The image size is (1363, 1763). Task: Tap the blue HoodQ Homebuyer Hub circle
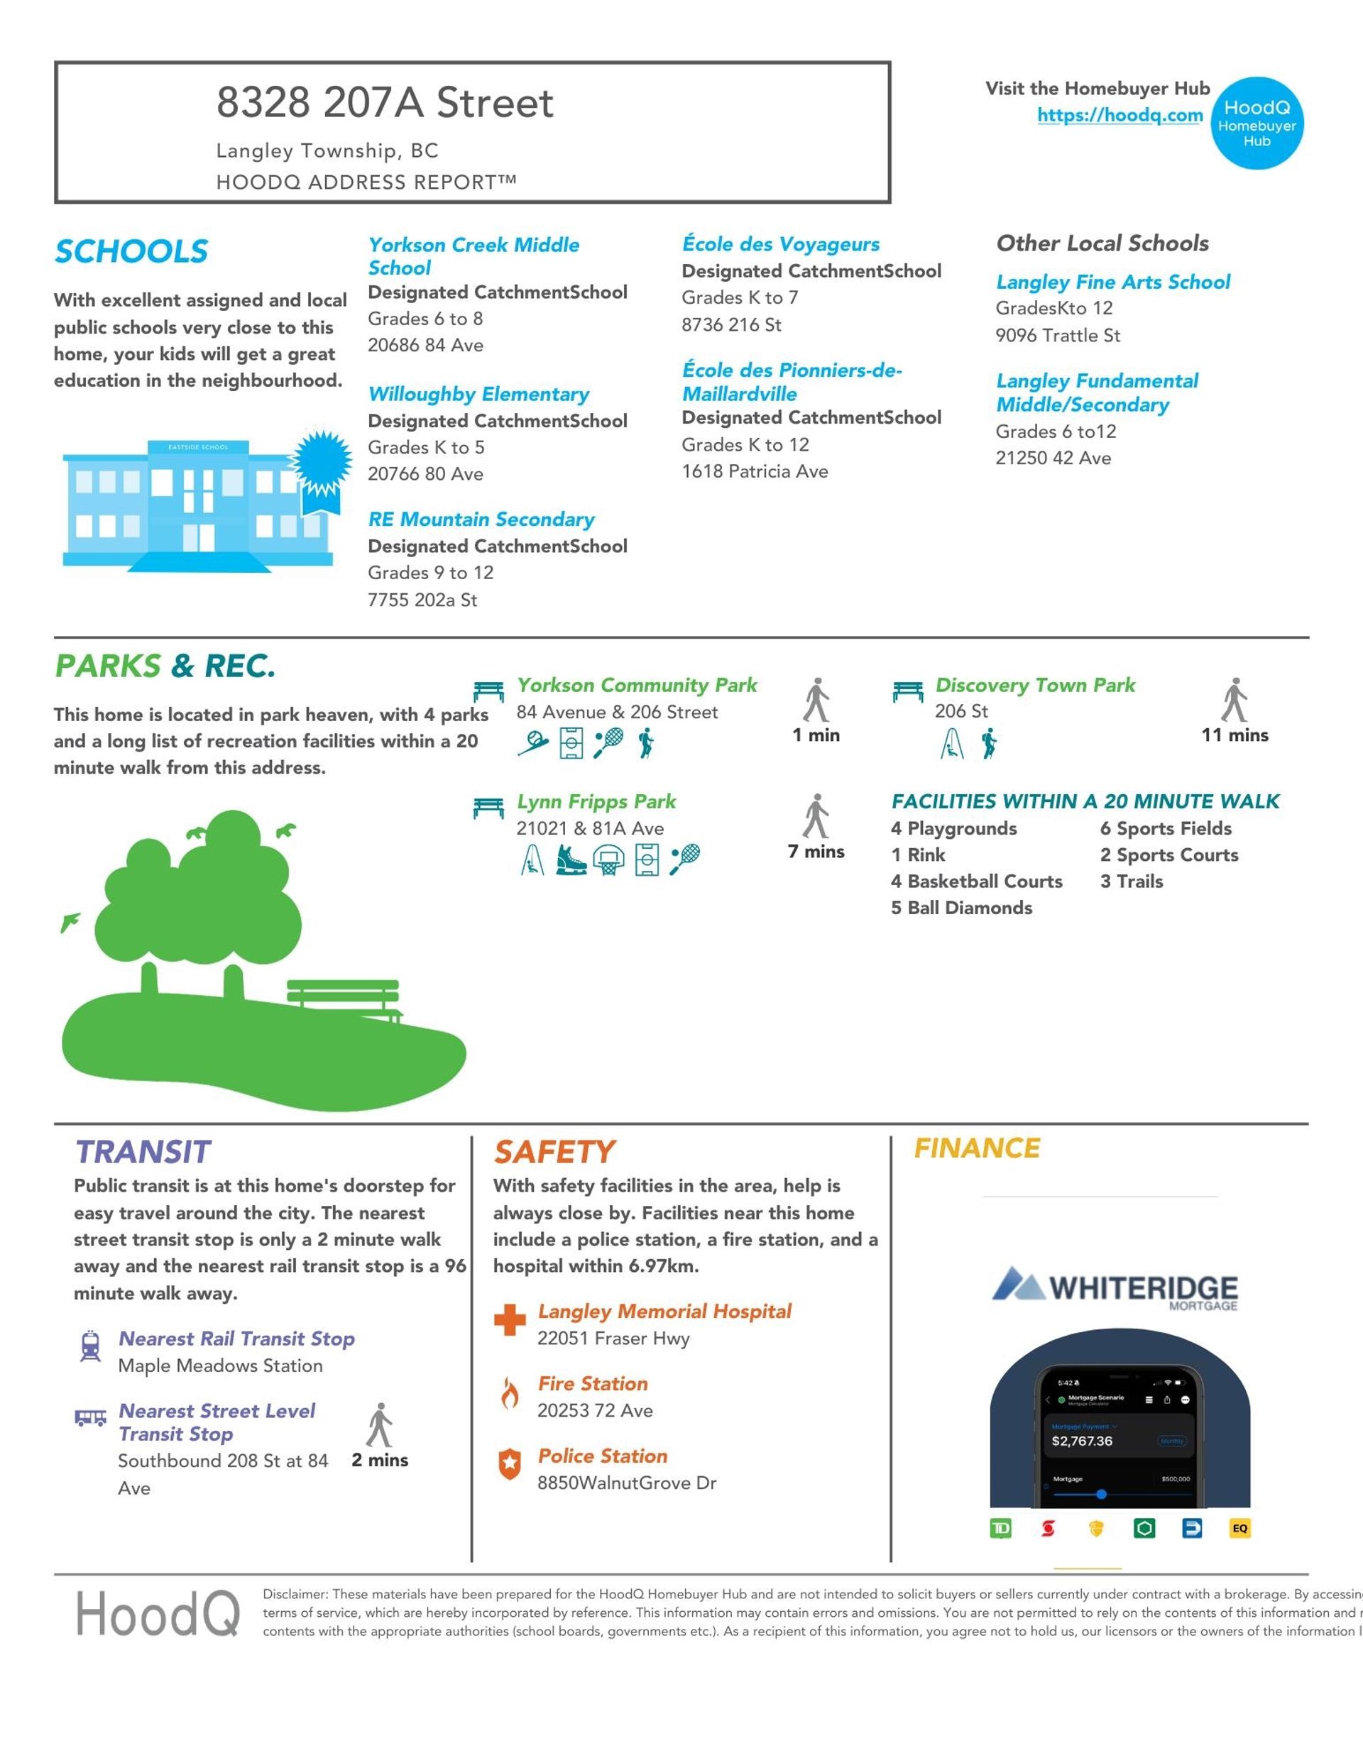(1257, 123)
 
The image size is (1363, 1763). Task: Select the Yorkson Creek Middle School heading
(474, 256)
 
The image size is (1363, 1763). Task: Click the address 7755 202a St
(422, 600)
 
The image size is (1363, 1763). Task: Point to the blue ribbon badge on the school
(322, 464)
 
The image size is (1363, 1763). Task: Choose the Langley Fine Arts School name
(1112, 282)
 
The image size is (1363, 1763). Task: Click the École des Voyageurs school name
(780, 243)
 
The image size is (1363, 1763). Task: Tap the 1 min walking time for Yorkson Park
(816, 735)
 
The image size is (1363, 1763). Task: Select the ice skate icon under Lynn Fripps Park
(570, 859)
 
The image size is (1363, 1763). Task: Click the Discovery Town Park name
(1034, 684)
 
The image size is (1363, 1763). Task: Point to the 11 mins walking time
(1235, 735)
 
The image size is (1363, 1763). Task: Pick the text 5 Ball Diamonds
(961, 907)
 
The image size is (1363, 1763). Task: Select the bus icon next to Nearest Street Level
(90, 1417)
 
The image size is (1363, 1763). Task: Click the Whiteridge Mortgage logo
(1115, 1287)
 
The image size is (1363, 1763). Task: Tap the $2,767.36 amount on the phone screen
(1082, 1441)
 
